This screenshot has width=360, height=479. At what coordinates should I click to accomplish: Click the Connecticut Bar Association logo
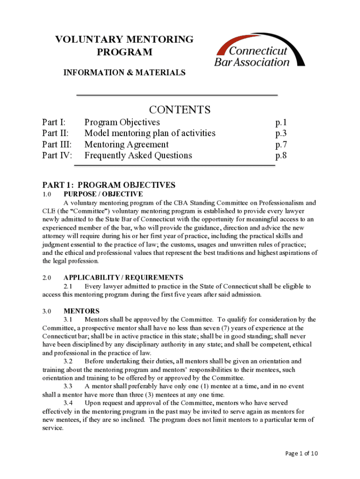pyautogui.click(x=259, y=52)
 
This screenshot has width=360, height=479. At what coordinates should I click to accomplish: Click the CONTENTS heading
pyautogui.click(x=180, y=109)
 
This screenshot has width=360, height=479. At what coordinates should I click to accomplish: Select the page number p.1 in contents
pyautogui.click(x=281, y=123)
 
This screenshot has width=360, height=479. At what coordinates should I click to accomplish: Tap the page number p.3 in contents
pyautogui.click(x=281, y=133)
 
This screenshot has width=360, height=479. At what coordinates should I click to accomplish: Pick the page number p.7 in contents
pyautogui.click(x=281, y=145)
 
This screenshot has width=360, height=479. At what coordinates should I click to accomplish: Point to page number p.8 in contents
pyautogui.click(x=281, y=155)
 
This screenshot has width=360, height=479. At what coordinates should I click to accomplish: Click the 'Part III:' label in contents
pyautogui.click(x=57, y=145)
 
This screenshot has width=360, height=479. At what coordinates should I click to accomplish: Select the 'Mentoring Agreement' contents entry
pyautogui.click(x=126, y=145)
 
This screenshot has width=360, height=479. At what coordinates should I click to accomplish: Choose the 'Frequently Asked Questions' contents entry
pyautogui.click(x=138, y=155)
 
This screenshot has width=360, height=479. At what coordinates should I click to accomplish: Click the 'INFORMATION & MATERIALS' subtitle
pyautogui.click(x=124, y=73)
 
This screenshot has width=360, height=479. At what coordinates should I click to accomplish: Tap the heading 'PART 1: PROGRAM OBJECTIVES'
pyautogui.click(x=109, y=185)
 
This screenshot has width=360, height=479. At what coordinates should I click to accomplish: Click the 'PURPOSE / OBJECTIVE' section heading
pyautogui.click(x=103, y=194)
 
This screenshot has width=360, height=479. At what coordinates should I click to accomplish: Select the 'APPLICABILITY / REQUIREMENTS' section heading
pyautogui.click(x=123, y=277)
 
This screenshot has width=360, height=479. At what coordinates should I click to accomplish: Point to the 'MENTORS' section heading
pyautogui.click(x=81, y=311)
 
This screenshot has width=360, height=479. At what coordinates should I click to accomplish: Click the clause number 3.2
pyautogui.click(x=68, y=361)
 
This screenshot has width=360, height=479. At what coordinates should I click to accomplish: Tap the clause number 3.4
pyautogui.click(x=68, y=403)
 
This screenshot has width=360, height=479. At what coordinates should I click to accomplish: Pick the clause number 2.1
pyautogui.click(x=68, y=286)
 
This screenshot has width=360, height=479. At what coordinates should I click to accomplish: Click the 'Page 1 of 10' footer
pyautogui.click(x=301, y=453)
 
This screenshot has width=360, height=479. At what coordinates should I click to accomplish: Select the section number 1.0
pyautogui.click(x=47, y=194)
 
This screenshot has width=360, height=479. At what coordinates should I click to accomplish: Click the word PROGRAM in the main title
pyautogui.click(x=124, y=52)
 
